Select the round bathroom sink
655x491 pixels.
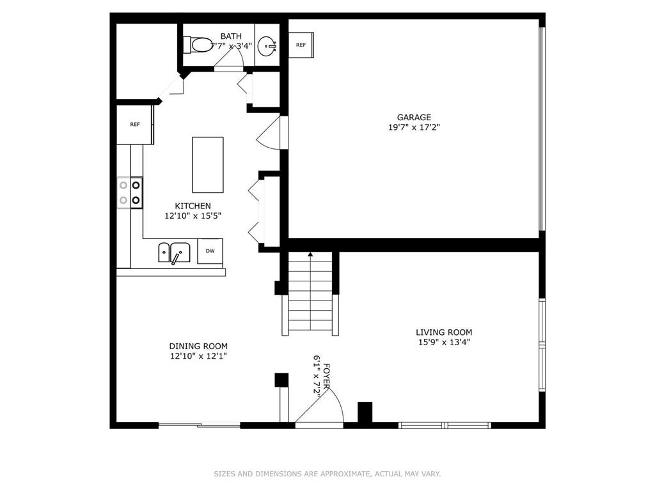(267, 45)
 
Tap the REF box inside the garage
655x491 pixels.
(301, 45)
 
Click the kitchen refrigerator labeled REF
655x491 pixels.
(135, 125)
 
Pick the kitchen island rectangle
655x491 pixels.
(208, 164)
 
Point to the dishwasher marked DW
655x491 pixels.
(210, 251)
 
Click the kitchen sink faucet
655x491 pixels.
(176, 258)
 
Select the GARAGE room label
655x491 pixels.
(414, 118)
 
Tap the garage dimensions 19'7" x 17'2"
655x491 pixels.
(414, 127)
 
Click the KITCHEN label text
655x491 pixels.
(193, 206)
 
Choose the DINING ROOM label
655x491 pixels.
(198, 346)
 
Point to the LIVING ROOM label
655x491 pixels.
(444, 332)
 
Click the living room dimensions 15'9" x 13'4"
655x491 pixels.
(444, 343)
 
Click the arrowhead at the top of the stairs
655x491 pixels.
(310, 254)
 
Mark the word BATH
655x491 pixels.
(231, 36)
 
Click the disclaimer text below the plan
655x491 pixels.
(327, 474)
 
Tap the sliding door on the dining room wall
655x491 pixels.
(200, 425)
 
